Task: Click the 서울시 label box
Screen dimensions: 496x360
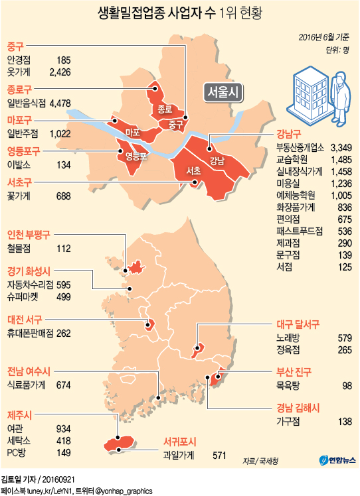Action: tap(223, 92)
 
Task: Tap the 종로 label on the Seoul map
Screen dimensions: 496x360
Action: tap(165, 108)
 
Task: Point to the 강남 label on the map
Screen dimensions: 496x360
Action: tap(217, 160)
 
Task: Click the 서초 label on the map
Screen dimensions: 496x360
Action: tap(193, 171)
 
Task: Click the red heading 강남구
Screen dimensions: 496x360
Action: tap(289, 133)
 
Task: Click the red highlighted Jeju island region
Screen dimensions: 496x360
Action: tap(117, 443)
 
